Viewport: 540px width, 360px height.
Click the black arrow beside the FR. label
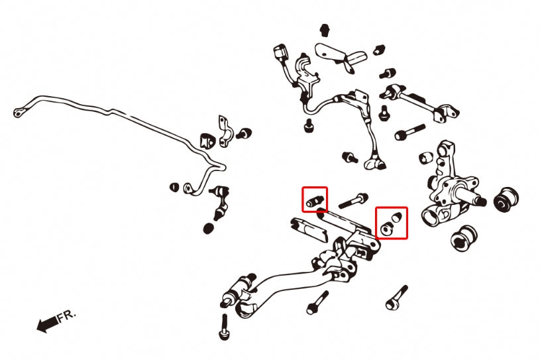click(46, 324)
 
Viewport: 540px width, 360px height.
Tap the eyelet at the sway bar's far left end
click(17, 113)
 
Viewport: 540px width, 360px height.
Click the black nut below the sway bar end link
click(208, 229)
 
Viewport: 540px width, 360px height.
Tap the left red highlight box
click(315, 200)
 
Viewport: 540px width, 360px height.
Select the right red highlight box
click(392, 222)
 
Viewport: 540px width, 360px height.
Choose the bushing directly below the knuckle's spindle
click(464, 239)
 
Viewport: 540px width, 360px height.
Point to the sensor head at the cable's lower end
click(374, 160)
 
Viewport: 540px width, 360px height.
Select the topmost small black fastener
click(325, 30)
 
